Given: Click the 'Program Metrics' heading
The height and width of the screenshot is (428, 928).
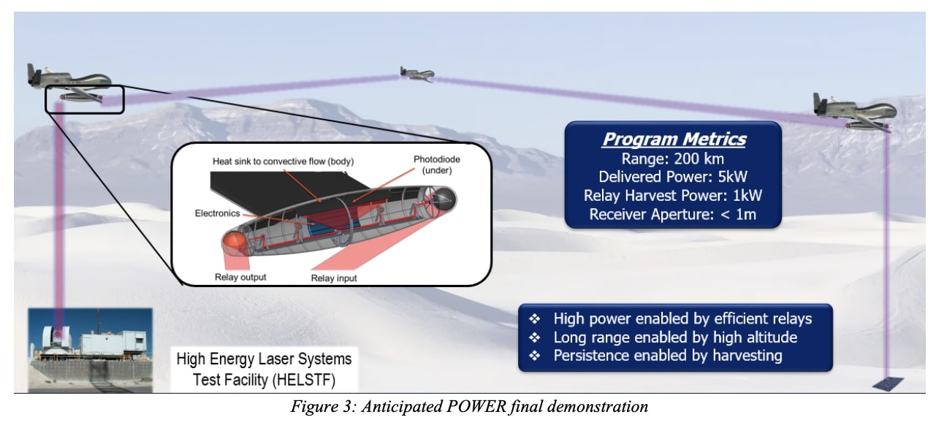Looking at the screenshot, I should coord(674,140).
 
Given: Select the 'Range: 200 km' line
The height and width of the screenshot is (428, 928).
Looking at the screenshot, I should coord(673,159).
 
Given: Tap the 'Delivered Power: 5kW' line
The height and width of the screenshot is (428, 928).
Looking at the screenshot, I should coord(673,177).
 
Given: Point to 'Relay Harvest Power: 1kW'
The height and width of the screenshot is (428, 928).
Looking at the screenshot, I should coord(673,196).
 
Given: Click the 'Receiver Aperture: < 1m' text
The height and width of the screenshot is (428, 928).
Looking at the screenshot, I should coord(673,215).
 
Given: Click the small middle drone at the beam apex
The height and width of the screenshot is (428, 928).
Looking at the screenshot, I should coord(417,72).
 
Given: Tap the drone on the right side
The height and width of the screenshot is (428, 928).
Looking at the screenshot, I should coord(856,110).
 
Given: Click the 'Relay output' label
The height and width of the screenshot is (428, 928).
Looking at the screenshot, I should coord(240,277).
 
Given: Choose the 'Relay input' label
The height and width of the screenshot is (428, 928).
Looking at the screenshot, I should coord(334,278).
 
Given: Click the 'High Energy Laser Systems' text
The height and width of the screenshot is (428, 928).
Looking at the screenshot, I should coord(264,359).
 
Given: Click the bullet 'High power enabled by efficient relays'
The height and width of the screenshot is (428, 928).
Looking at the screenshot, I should coord(682,319).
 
